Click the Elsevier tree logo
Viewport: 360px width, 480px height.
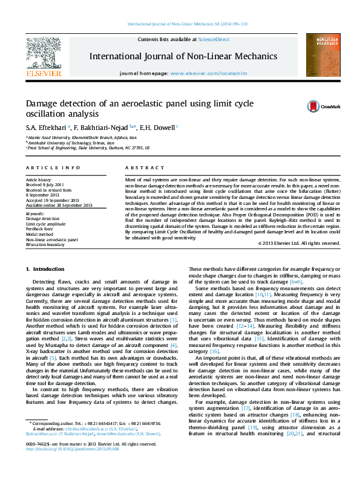(x=43, y=52)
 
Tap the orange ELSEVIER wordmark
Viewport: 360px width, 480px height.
(x=44, y=74)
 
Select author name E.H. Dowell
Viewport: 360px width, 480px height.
(x=157, y=128)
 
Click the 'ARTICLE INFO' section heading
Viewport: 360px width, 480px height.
(x=53, y=167)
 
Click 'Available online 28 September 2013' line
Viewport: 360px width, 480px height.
(x=59, y=205)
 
